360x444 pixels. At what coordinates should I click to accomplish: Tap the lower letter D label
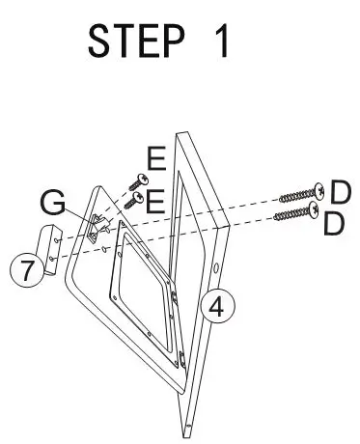[335, 224]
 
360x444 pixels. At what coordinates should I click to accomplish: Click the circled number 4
[218, 307]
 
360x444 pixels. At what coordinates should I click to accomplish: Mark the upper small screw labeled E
[138, 180]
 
